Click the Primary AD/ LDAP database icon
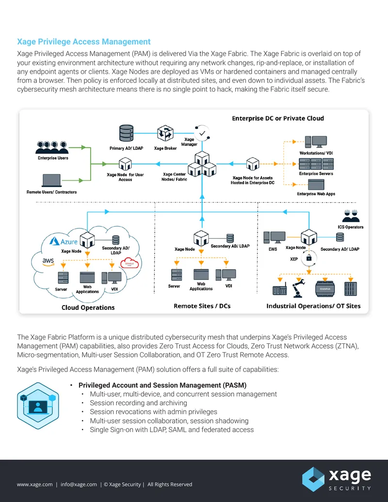coord(126,133)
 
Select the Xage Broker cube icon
coord(165,133)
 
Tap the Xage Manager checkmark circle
coord(202,133)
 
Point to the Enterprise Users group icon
coord(52,147)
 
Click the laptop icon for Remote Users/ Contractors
coord(51,180)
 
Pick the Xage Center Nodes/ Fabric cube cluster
coord(202,164)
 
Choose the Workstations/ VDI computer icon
coord(316,142)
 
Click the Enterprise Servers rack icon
coord(316,164)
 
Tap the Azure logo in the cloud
coord(64,241)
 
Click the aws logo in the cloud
coord(48,262)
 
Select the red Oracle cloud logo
coord(129,263)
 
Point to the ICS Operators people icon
coord(351,216)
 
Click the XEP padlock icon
coord(309,258)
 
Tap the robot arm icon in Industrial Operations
coord(298,287)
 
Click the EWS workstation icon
coord(275,238)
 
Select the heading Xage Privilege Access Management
coord(83,42)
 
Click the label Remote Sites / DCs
coord(202,306)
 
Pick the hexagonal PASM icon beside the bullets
coord(38,405)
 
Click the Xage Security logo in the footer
coord(337,479)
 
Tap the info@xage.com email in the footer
coord(79,485)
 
